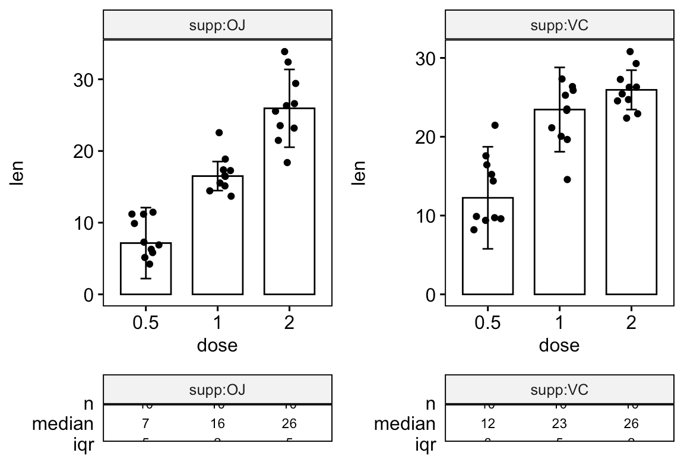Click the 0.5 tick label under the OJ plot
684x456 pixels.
[145, 323]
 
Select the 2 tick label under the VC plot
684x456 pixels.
[631, 323]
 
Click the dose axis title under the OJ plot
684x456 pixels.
[217, 345]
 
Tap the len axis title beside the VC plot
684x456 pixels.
[359, 173]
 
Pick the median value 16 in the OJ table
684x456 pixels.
[217, 423]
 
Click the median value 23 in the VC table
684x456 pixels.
[559, 423]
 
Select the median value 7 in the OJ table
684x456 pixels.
[145, 423]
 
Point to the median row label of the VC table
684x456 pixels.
[404, 423]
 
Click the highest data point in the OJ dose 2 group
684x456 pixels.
[284, 52]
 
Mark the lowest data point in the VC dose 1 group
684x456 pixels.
[567, 179]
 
